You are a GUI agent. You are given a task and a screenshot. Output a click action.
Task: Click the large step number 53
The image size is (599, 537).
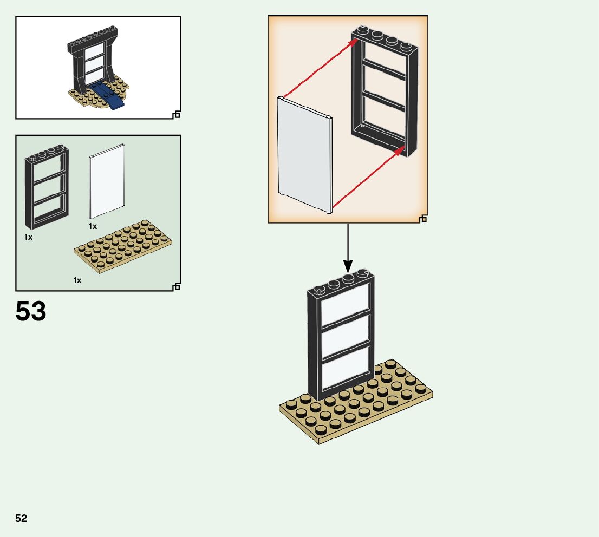pyautogui.click(x=31, y=312)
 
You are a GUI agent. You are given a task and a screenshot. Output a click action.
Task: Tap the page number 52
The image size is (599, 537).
pyautogui.click(x=21, y=518)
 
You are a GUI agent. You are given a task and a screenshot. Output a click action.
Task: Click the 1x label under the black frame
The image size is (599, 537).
pyautogui.click(x=28, y=237)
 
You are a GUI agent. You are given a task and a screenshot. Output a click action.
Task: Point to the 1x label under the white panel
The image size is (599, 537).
pyautogui.click(x=93, y=226)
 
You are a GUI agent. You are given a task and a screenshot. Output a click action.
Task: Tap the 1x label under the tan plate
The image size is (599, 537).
pyautogui.click(x=77, y=280)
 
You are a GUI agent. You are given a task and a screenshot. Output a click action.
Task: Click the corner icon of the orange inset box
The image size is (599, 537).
pyautogui.click(x=423, y=218)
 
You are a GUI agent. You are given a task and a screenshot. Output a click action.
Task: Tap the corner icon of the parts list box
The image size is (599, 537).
pyautogui.click(x=176, y=286)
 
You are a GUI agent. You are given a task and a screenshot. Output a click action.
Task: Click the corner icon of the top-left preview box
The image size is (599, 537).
pyautogui.click(x=176, y=114)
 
